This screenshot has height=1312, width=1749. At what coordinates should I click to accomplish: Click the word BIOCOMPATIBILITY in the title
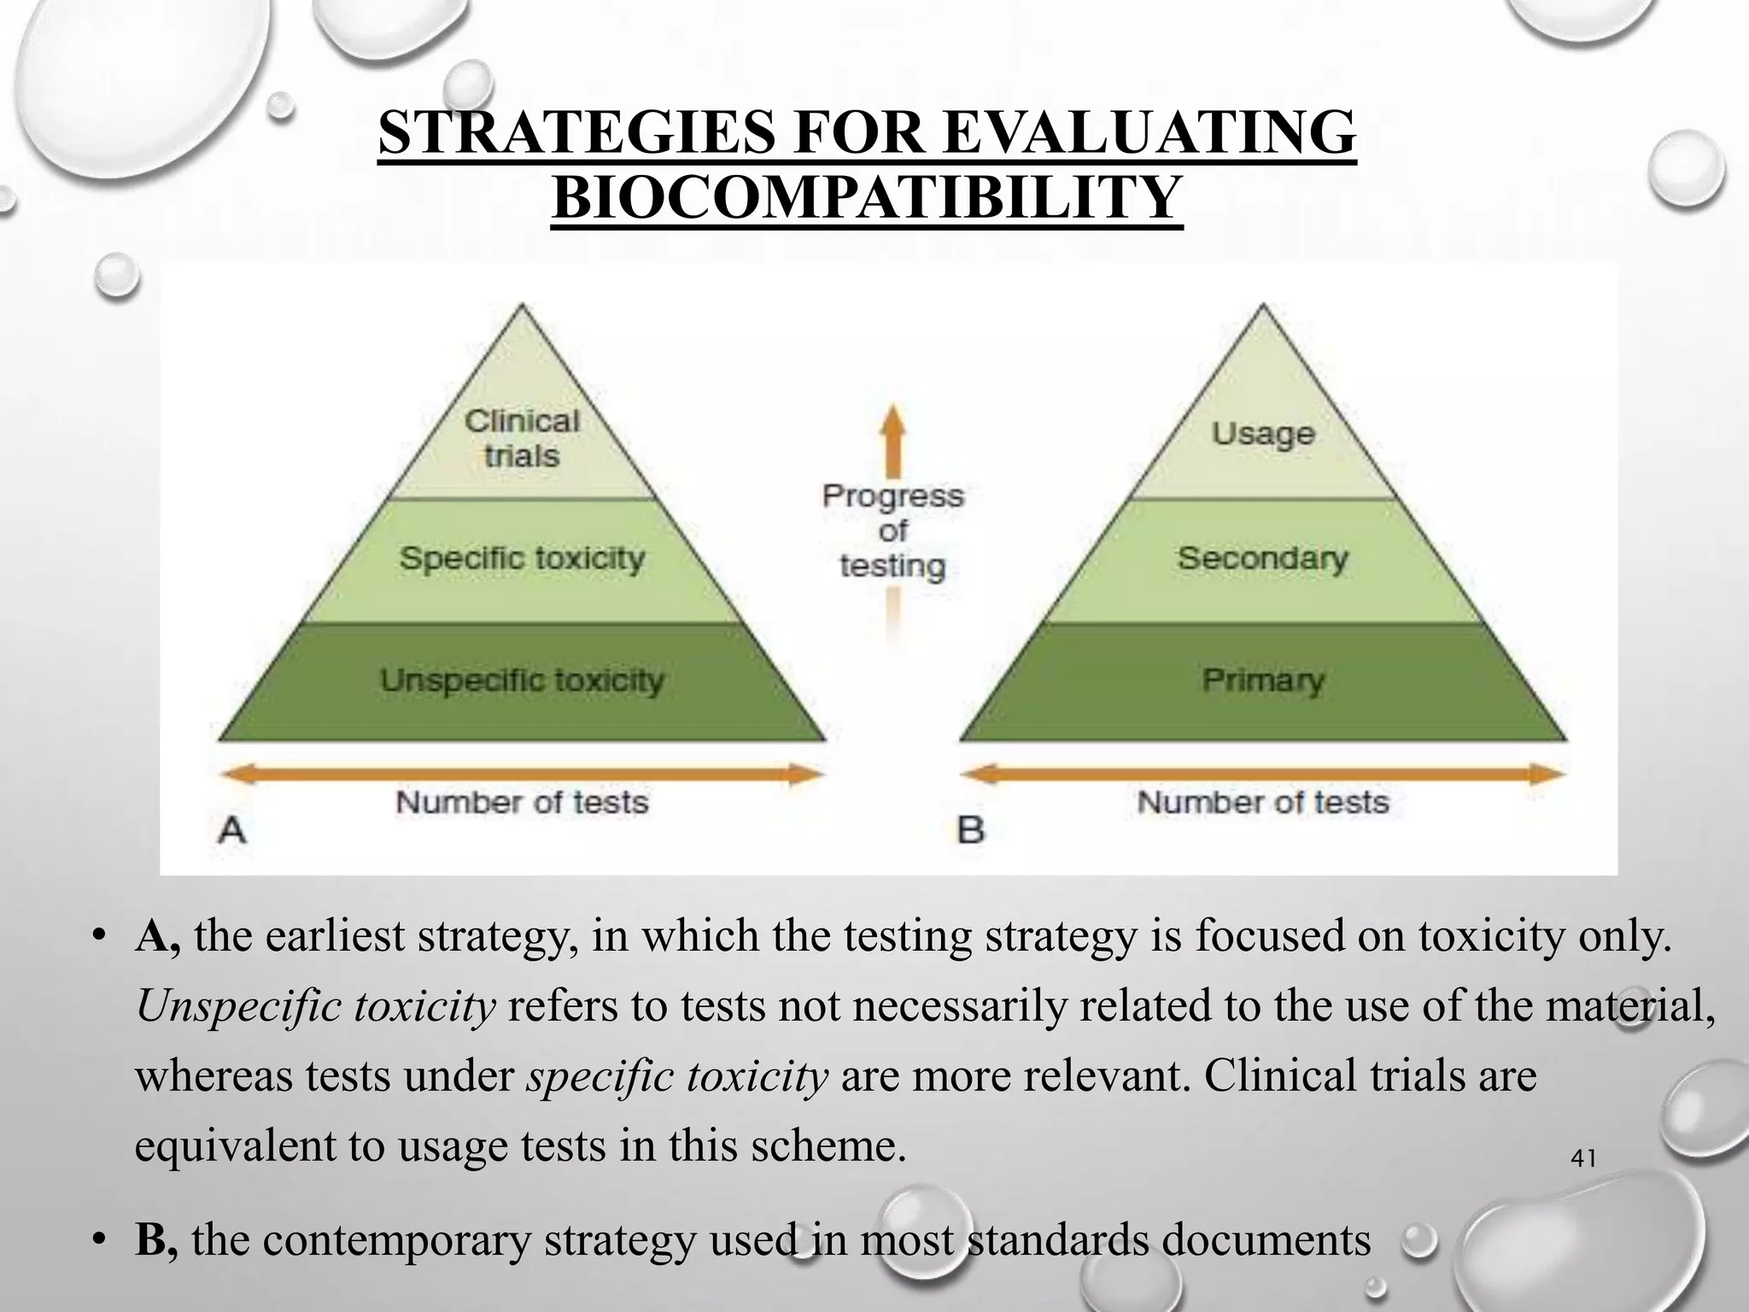click(867, 197)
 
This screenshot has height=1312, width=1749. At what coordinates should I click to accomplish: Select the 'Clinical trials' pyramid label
click(522, 438)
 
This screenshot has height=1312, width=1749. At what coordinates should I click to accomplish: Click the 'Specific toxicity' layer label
click(522, 559)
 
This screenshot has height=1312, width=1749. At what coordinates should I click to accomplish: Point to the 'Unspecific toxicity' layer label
click(522, 681)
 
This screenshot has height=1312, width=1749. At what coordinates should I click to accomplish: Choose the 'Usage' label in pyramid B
click(1263, 433)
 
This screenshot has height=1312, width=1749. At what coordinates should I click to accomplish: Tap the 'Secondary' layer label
click(1263, 559)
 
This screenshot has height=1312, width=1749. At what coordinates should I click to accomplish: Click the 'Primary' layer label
click(1263, 681)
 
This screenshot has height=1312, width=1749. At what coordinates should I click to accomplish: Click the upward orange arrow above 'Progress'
click(892, 440)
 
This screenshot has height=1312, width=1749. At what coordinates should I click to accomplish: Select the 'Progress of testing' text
click(892, 530)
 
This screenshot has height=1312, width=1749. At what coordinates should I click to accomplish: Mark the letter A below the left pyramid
click(232, 829)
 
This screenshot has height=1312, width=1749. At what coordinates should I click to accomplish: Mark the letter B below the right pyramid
click(971, 829)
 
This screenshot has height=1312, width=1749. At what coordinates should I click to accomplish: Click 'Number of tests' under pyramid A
click(522, 803)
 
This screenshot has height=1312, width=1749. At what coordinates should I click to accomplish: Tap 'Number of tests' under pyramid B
click(1263, 803)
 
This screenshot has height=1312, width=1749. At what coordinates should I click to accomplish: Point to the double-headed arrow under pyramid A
click(522, 775)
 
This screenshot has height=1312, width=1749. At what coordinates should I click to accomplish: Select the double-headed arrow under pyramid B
click(1263, 775)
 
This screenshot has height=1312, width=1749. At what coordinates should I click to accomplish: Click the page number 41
click(1583, 1159)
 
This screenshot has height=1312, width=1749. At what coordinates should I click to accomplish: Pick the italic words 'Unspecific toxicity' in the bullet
click(315, 1006)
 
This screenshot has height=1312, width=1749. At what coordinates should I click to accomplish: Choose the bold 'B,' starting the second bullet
click(156, 1240)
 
